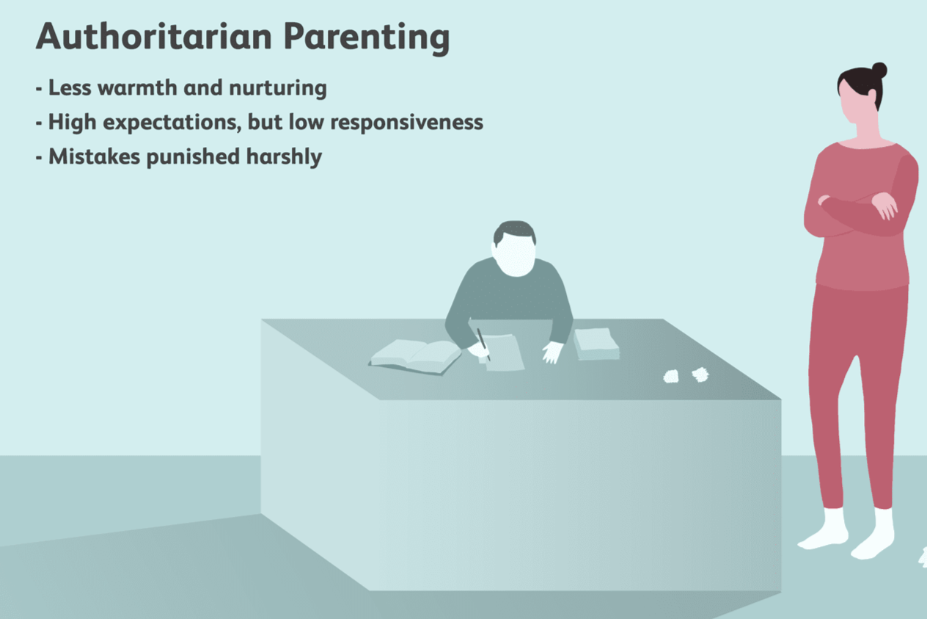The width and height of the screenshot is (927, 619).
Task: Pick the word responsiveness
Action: pyautogui.click(x=406, y=123)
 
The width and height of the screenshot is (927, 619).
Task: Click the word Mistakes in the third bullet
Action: pyautogui.click(x=93, y=156)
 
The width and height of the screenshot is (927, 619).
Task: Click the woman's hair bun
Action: pyautogui.click(x=879, y=70)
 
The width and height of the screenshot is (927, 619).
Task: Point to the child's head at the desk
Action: pyautogui.click(x=515, y=248)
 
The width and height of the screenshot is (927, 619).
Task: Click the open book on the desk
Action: pyautogui.click(x=415, y=355)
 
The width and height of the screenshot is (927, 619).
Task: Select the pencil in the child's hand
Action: pyautogui.click(x=483, y=343)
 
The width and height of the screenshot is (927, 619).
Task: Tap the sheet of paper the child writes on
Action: pyautogui.click(x=505, y=352)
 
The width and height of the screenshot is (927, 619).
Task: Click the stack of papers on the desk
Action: pyautogui.click(x=596, y=344)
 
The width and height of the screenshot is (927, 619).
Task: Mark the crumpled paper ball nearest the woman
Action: pyautogui.click(x=700, y=374)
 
